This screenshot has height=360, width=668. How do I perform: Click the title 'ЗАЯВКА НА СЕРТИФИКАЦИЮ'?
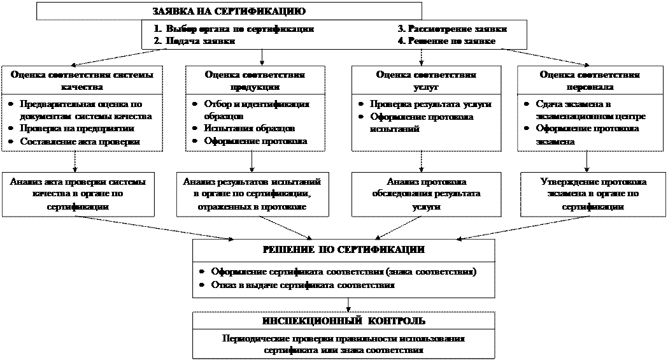pos(229,11)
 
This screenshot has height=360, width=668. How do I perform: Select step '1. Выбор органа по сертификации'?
pos(234,29)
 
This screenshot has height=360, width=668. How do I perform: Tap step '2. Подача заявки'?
pos(194,41)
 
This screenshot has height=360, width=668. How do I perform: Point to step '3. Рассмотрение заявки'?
pos(453,29)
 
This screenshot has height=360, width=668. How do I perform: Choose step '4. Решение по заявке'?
pos(446,41)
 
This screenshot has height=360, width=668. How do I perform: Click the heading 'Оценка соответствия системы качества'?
pos(82,80)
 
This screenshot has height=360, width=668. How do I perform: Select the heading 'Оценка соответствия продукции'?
pos(255,80)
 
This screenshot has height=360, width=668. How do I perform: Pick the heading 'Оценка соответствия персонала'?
pos(590,80)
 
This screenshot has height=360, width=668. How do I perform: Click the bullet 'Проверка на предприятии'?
pos(76,129)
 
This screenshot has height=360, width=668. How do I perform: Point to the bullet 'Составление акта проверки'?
pos(80,141)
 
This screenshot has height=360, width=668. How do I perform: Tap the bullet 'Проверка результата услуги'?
pos(430,104)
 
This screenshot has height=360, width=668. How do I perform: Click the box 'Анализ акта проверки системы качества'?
pos(77,194)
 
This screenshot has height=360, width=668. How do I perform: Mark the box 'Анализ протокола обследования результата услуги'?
pos(426,194)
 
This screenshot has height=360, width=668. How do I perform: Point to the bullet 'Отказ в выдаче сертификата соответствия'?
pos(303,285)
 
